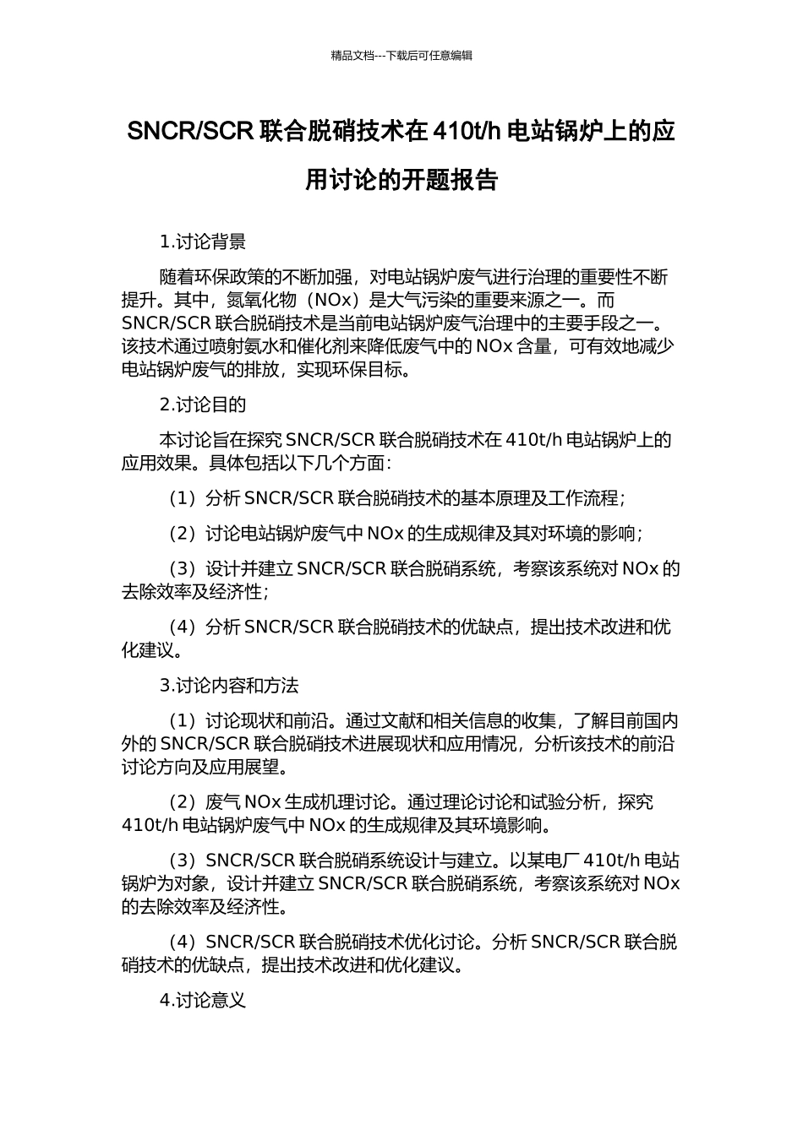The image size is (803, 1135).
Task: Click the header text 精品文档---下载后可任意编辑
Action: tap(401, 56)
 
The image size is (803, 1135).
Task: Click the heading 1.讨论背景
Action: tap(203, 242)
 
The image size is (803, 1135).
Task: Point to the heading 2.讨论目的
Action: tap(203, 405)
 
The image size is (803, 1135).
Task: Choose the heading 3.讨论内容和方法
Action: tap(229, 685)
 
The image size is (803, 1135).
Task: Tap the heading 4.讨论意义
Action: tap(203, 1001)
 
